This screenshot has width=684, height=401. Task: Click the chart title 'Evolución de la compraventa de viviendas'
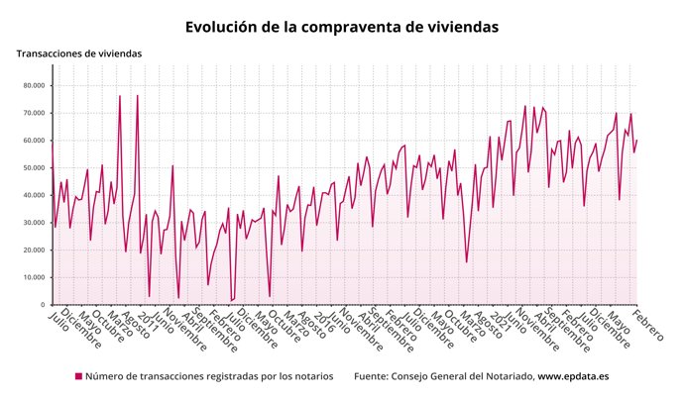coord(342,27)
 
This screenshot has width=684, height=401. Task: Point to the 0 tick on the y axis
coord(43,305)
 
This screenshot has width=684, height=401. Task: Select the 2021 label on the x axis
coord(500,320)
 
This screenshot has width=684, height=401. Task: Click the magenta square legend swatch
coord(78,376)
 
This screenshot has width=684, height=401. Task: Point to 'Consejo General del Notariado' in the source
coord(462,376)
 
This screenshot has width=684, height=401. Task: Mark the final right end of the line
coord(636,140)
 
